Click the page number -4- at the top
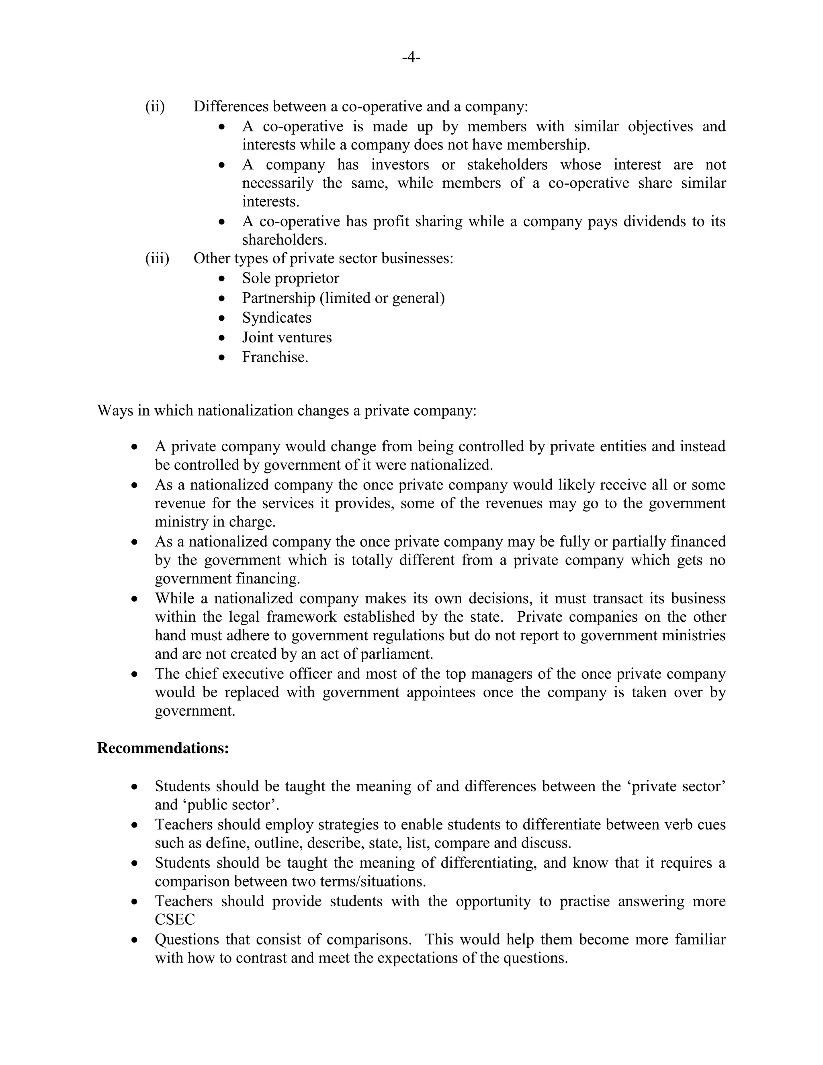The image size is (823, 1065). point(411,57)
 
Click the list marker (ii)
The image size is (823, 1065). point(155,106)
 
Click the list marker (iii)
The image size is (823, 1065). point(157,258)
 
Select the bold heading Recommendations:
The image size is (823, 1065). point(163,748)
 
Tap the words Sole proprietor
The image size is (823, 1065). point(290,278)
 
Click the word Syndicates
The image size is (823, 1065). point(276,317)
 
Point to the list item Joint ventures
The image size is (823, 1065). point(287,338)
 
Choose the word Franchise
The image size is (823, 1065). point(274,357)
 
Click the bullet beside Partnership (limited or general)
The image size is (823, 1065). point(222,299)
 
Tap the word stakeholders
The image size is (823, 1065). point(507,164)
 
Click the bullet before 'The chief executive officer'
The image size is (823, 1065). point(135,674)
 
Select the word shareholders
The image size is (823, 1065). point(284,240)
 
